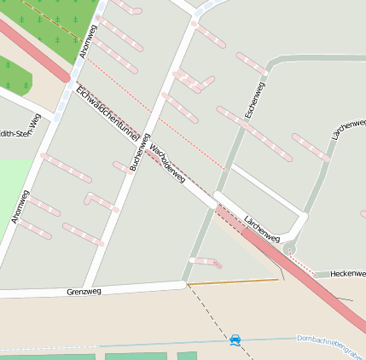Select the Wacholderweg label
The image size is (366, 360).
167,162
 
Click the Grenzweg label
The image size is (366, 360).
84,292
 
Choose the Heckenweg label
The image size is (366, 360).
348,273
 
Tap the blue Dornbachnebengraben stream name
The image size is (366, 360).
331,343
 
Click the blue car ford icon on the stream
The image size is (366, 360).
235,340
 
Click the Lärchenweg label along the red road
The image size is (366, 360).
262,229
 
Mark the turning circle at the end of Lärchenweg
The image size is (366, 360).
290,248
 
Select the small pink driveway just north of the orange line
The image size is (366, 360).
206,262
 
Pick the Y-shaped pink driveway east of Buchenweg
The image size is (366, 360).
195,82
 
